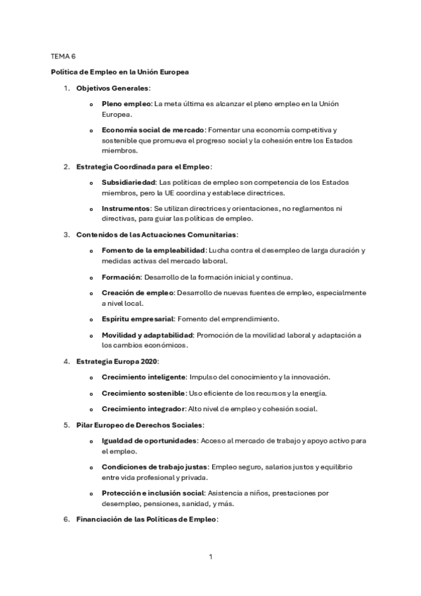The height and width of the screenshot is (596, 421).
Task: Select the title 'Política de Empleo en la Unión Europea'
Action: [x=119, y=72]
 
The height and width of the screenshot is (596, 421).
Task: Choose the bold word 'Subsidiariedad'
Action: [x=129, y=183]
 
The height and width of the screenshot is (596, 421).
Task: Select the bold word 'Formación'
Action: [x=121, y=277]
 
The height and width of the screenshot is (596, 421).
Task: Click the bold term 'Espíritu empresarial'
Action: [x=138, y=319]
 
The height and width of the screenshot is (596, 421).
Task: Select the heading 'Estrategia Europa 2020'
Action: [x=117, y=361]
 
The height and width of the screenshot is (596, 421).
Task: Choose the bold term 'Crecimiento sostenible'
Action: [x=143, y=393]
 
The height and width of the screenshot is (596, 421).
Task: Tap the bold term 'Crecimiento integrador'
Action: [x=143, y=409]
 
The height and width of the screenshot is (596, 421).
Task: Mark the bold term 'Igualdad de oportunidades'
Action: [x=149, y=441]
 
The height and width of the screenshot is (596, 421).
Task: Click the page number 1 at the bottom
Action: [x=210, y=557]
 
